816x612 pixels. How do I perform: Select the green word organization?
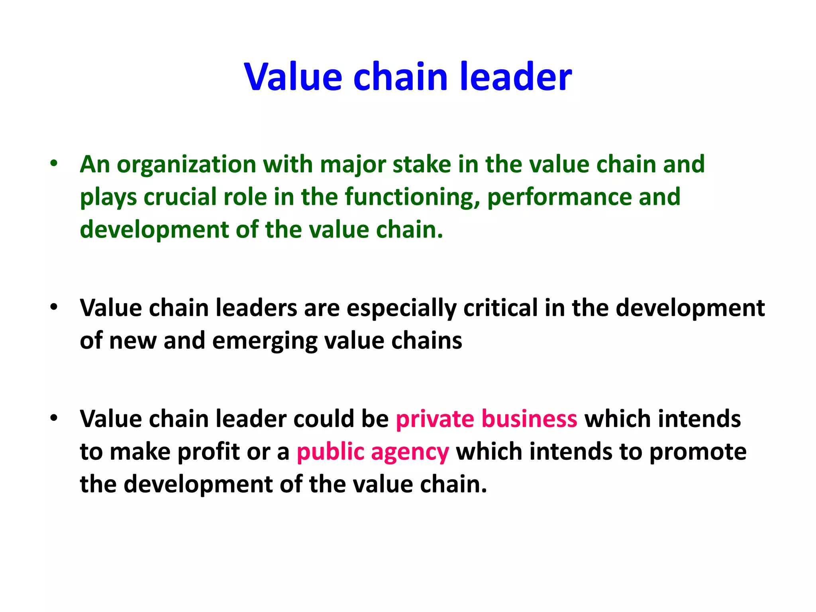pyautogui.click(x=186, y=165)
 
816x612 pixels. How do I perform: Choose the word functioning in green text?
pyautogui.click(x=412, y=198)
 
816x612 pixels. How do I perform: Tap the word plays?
pyautogui.click(x=108, y=198)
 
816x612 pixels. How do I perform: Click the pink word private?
pyautogui.click(x=435, y=420)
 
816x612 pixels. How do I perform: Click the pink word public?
pyautogui.click(x=330, y=452)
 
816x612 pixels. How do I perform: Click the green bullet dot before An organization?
pyautogui.click(x=54, y=163)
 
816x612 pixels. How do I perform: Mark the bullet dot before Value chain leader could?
pyautogui.click(x=54, y=418)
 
